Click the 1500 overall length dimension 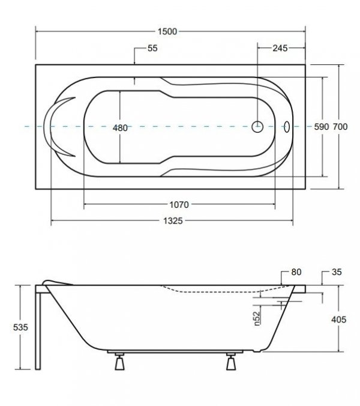pos(167,32)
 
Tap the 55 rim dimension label pos(152,48)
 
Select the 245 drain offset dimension pos(280,48)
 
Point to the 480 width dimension pos(120,128)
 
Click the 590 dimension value pos(322,127)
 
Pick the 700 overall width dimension pos(340,127)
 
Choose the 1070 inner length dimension pos(179,205)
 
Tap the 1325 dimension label pos(173,221)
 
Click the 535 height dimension pos(20,327)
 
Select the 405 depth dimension pos(338,320)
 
